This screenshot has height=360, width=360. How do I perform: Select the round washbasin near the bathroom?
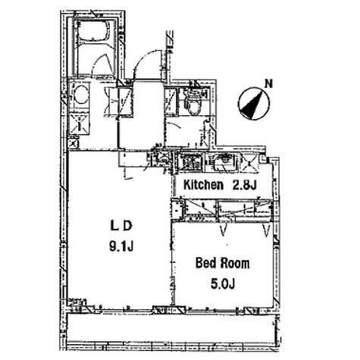point(81,95)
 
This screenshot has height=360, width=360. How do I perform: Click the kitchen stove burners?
point(192,161)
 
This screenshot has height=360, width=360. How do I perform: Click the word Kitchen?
point(203,185)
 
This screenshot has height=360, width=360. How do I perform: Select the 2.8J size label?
point(244,185)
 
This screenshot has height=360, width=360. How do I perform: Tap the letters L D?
point(121,226)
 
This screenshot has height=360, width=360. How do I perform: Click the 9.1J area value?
point(121,246)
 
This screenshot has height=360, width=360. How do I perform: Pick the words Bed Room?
point(223,263)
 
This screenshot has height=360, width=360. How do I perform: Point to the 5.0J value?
point(223,283)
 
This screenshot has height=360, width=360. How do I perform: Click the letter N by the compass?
point(269,84)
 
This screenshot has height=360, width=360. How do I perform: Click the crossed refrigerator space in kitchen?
point(249,163)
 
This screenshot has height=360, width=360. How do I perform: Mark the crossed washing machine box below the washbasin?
point(80,124)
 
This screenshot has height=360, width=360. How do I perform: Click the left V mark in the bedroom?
point(223,230)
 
